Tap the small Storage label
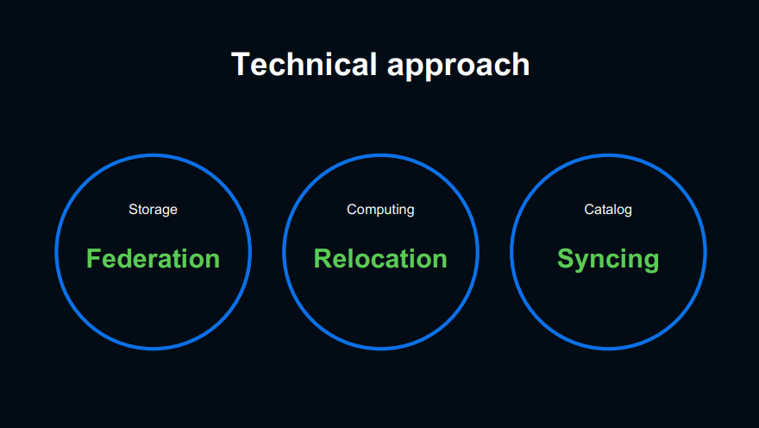coord(153,210)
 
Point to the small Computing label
coord(380,210)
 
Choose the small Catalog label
coord(608,210)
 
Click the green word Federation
coord(153,259)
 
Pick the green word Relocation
coord(380,259)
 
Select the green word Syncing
coord(608,259)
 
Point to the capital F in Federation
coord(93,259)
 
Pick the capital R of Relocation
coord(322,259)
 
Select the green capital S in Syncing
coord(566,259)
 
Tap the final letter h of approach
coord(521,65)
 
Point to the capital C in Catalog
coord(589,210)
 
